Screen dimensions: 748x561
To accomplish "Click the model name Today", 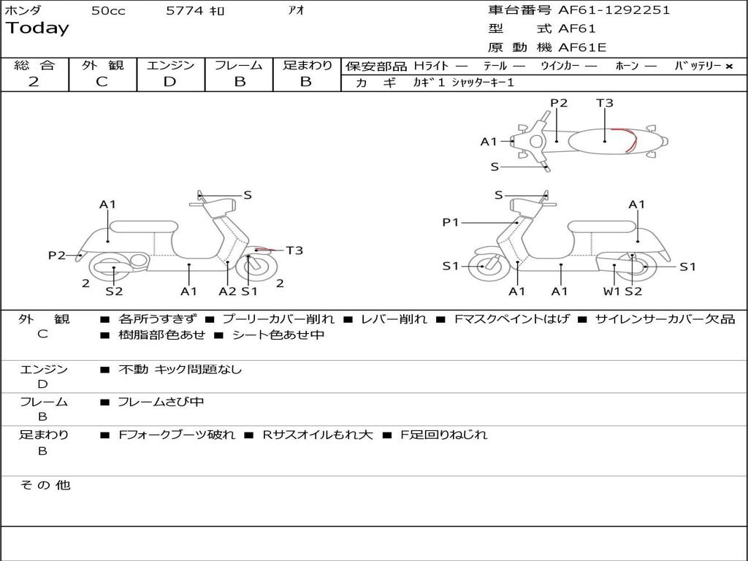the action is point(37,28).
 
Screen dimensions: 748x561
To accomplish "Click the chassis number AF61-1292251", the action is point(614,10).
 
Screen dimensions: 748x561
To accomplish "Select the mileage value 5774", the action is point(185,10).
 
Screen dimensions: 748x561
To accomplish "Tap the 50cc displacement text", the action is point(108,10).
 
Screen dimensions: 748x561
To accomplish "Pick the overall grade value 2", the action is point(34,82).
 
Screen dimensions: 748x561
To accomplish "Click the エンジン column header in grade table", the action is point(170,65).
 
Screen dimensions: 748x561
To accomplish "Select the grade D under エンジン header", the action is point(169,82).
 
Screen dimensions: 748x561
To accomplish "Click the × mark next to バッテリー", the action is point(729,66).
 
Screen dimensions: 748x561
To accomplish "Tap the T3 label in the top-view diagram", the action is point(604,102).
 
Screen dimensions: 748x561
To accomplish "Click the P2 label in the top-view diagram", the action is point(559,102).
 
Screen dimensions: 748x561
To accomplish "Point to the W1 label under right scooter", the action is point(611,291).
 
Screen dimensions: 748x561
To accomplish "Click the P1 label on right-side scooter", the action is point(450,222).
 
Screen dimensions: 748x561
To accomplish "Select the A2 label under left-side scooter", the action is point(227,291).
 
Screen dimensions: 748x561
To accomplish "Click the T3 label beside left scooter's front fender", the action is point(294,250).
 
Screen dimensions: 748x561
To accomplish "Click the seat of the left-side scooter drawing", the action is point(144,227).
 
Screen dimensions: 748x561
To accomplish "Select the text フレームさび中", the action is point(161,402).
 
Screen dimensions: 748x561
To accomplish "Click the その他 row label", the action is point(45,485).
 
